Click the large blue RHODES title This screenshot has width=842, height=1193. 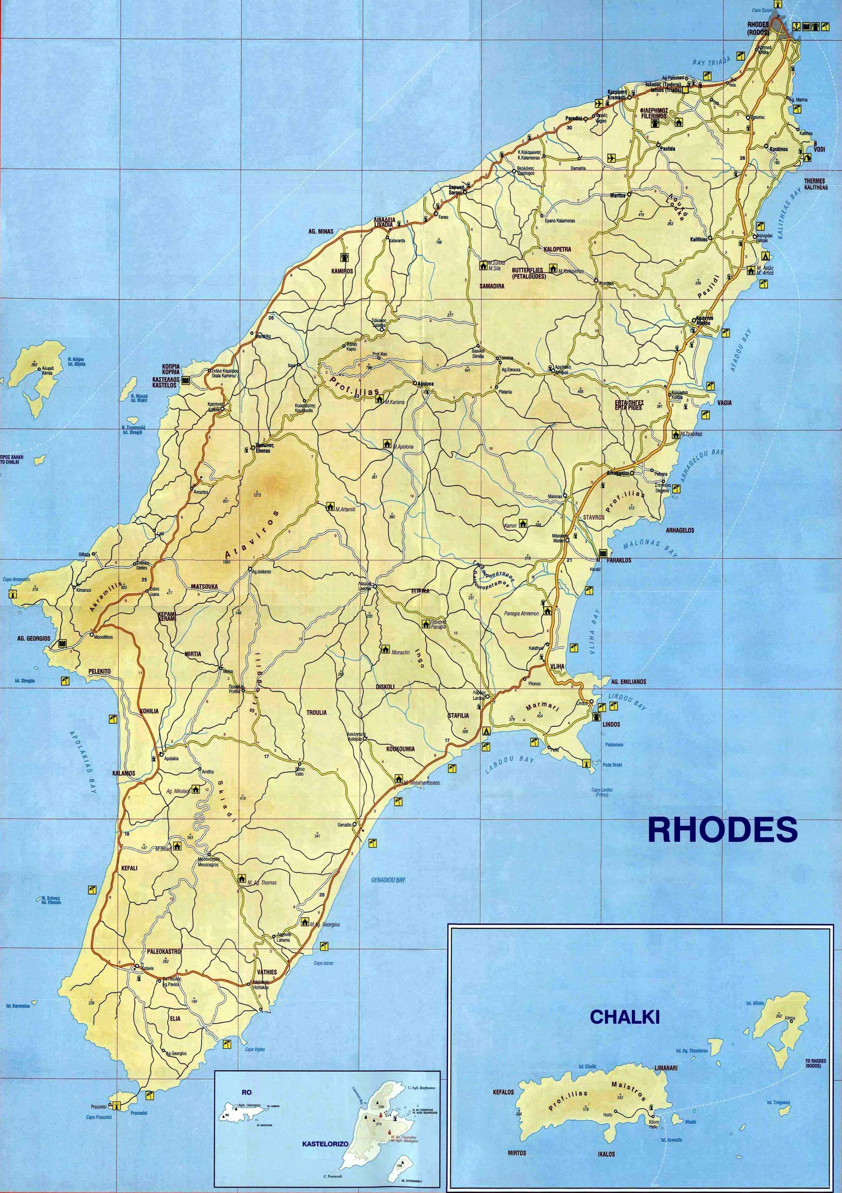coord(722,830)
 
